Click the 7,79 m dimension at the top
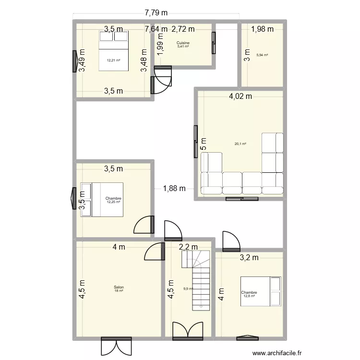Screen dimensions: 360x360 (x=156, y=12)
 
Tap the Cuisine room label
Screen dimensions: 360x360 (x=183, y=43)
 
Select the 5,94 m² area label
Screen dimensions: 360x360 (x=262, y=55)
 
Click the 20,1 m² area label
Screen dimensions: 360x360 (x=240, y=144)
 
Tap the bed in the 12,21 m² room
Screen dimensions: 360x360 (x=114, y=50)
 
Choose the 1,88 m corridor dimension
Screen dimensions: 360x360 (x=174, y=188)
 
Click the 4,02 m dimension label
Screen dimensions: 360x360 (x=240, y=96)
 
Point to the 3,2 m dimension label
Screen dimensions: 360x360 (x=249, y=257)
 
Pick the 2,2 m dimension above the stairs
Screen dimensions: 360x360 (x=188, y=247)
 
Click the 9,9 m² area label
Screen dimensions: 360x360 (x=188, y=288)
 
